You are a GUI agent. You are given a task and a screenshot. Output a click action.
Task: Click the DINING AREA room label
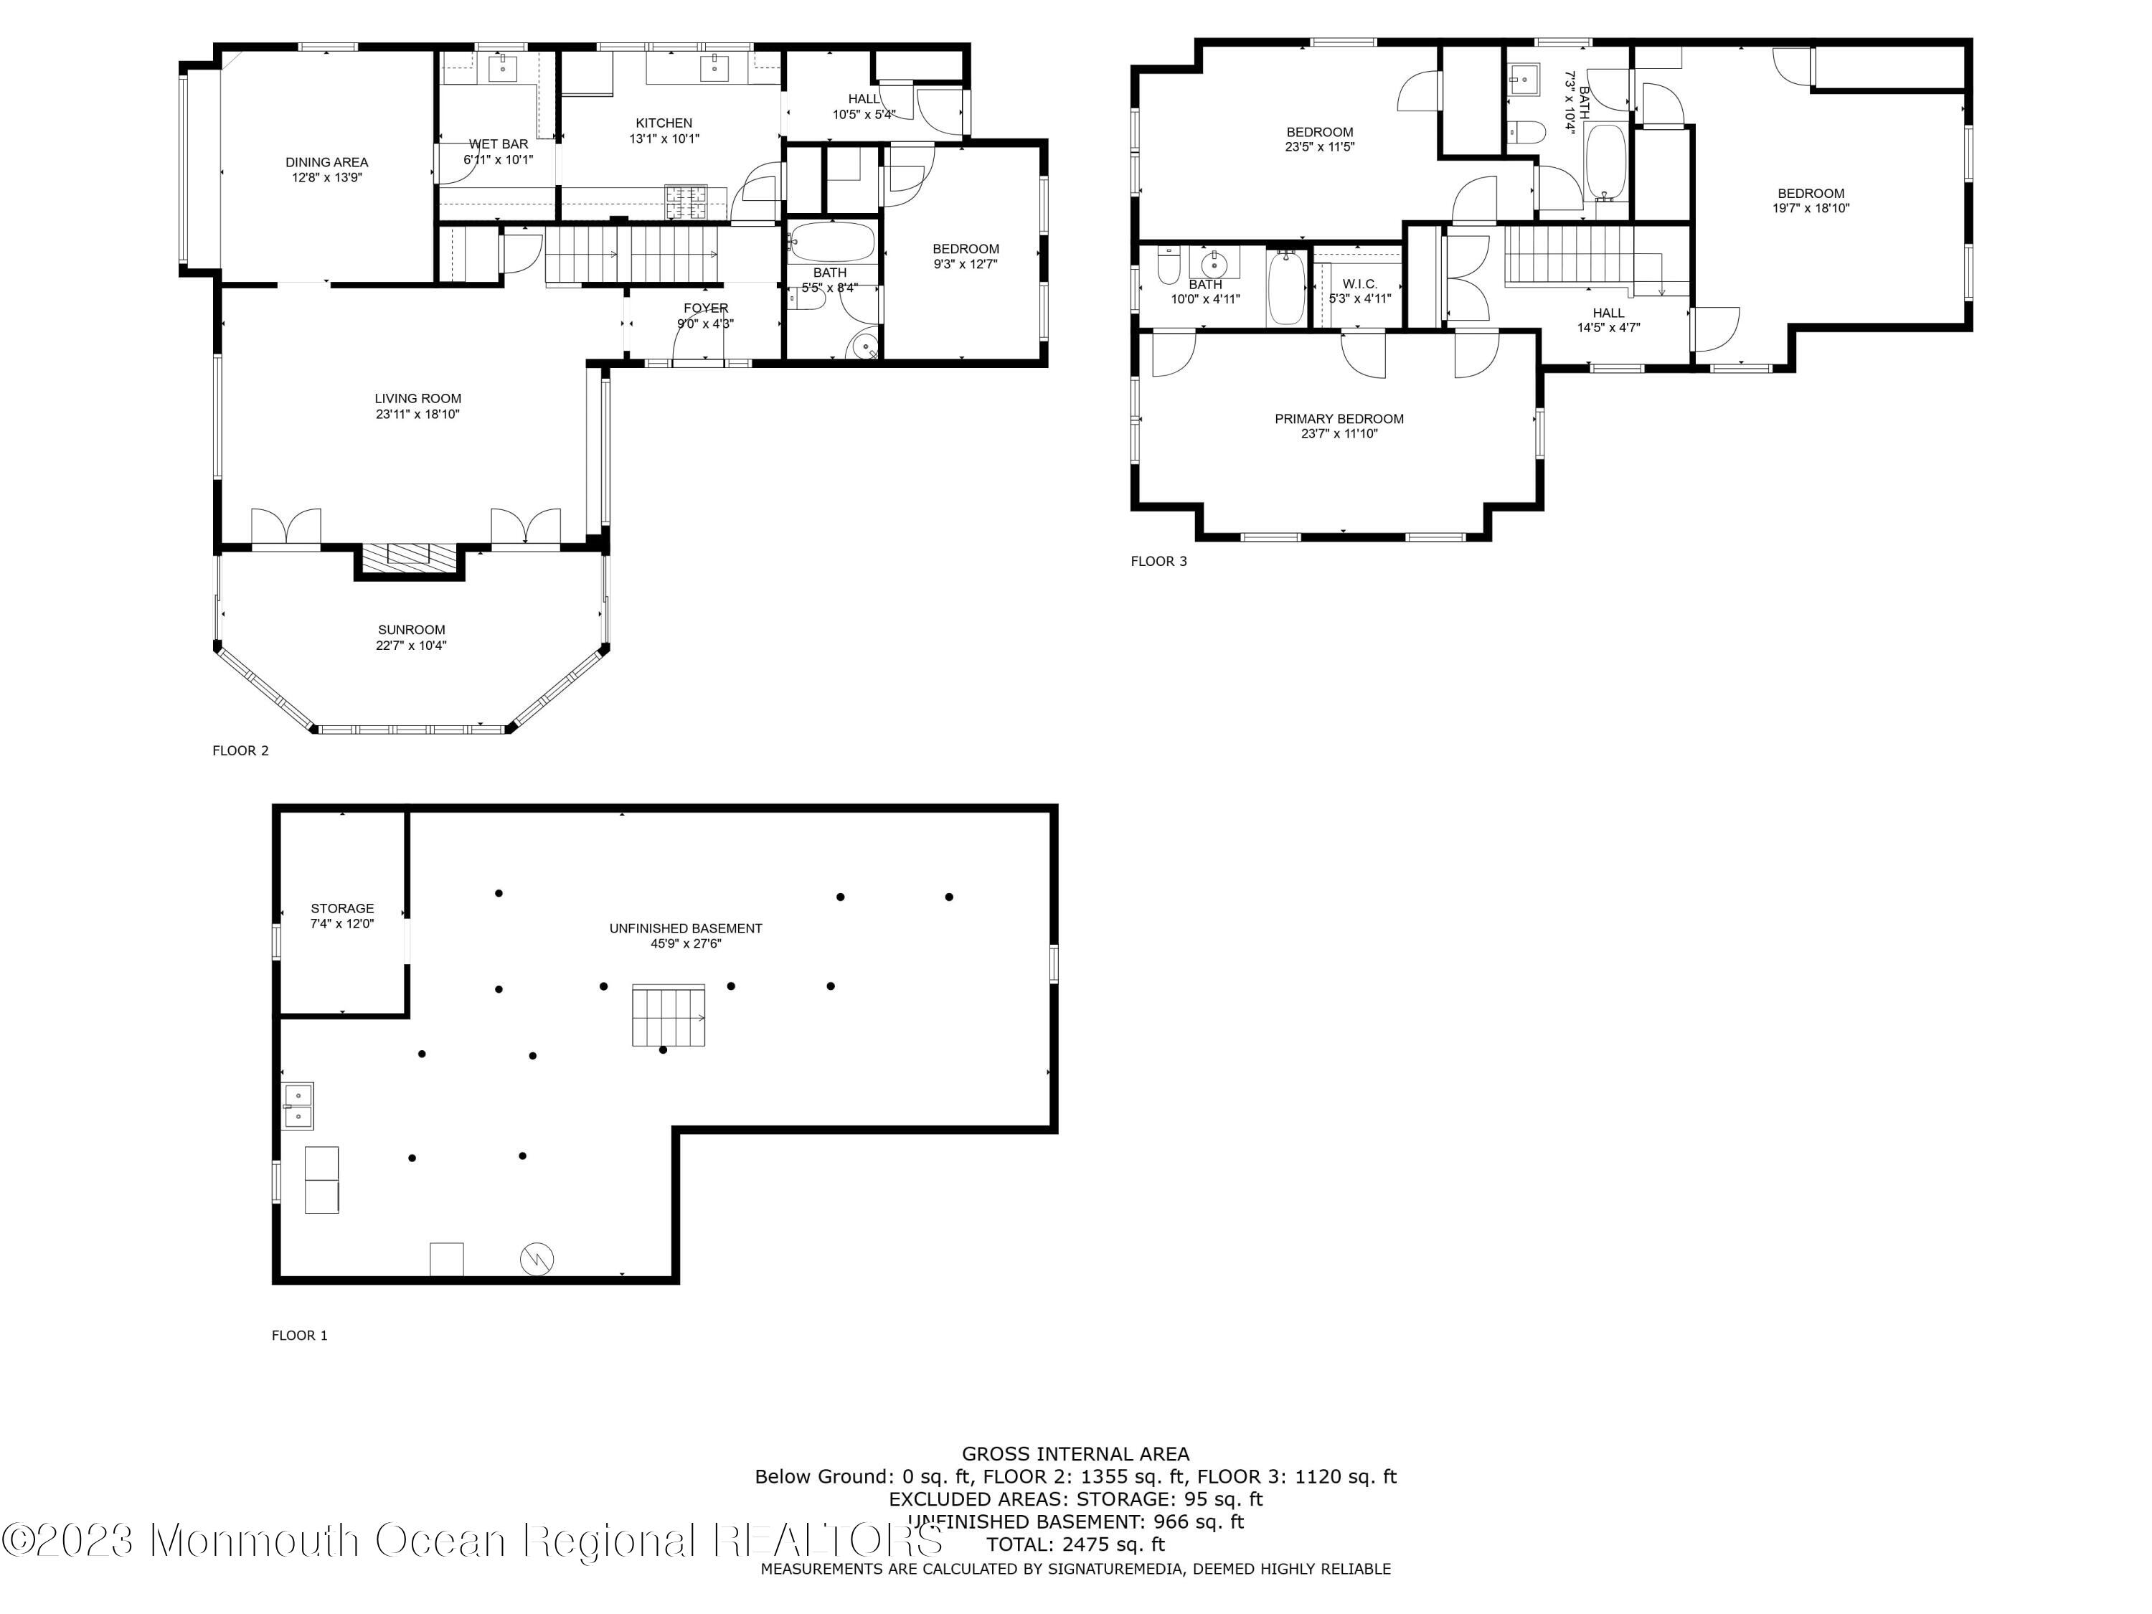tap(327, 162)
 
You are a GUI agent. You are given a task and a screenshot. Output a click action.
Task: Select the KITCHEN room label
tap(664, 123)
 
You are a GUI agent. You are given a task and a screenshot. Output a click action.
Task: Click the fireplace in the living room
tap(409, 557)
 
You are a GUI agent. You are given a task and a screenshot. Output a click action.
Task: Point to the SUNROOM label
tap(412, 629)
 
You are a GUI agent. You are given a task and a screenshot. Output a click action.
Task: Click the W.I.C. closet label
tap(1359, 284)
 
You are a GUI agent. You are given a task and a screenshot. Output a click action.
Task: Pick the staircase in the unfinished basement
tap(669, 1016)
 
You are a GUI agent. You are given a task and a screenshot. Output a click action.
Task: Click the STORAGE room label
tap(342, 909)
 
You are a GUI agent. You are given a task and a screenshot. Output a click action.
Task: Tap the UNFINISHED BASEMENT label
tap(686, 928)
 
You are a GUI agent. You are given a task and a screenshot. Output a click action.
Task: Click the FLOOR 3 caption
tap(1158, 562)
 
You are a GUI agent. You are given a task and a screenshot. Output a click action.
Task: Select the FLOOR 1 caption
tap(300, 1336)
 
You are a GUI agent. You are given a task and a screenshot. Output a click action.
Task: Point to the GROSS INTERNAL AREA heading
tap(1075, 1455)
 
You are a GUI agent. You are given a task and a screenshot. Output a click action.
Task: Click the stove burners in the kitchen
tap(685, 202)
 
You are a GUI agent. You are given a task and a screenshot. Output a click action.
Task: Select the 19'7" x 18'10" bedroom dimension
tap(1811, 208)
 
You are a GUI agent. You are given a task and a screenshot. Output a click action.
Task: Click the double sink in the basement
tap(298, 1106)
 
